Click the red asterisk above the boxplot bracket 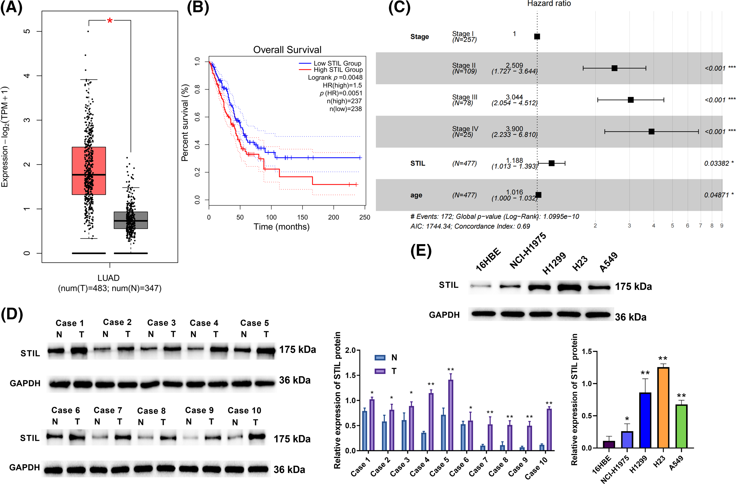pos(110,21)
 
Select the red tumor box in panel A pos(89,171)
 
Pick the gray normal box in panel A pos(131,220)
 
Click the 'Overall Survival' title pos(287,50)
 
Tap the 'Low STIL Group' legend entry pos(337,63)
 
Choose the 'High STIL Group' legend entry pos(338,70)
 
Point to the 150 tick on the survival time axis pos(303,217)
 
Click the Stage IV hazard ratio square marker pos(651,131)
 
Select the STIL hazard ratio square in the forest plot pos(551,163)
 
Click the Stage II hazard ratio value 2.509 pos(514,65)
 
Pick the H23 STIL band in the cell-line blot pos(569,287)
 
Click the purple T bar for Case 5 pos(451,415)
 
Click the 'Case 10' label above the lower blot pos(244,410)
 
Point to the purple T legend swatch pos(380,371)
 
